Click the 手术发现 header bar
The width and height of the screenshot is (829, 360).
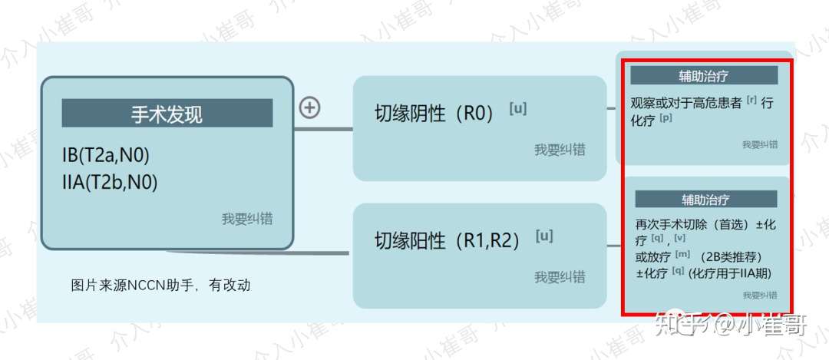click(x=167, y=114)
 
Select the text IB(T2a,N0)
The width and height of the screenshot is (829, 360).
click(x=106, y=155)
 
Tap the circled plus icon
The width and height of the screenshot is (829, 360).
click(x=309, y=108)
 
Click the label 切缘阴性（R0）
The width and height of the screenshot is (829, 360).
click(x=434, y=114)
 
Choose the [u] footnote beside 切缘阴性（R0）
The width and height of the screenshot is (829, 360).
click(x=518, y=108)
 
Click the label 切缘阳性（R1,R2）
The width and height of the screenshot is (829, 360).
click(x=447, y=241)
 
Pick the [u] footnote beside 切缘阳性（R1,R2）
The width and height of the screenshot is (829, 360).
click(x=544, y=235)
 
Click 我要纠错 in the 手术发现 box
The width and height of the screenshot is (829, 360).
click(x=247, y=220)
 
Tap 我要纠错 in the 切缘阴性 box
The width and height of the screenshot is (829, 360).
click(x=560, y=150)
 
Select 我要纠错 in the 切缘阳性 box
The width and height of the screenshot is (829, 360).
click(x=560, y=277)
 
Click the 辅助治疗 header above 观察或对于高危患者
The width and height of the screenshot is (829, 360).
click(x=704, y=75)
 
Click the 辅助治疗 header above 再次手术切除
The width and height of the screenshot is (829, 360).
click(x=706, y=200)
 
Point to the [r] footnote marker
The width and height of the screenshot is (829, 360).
click(x=751, y=99)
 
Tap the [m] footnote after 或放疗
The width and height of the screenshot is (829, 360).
click(x=682, y=253)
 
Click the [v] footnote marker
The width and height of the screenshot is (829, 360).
click(x=680, y=238)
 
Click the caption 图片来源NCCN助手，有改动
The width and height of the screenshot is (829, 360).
click(x=160, y=286)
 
